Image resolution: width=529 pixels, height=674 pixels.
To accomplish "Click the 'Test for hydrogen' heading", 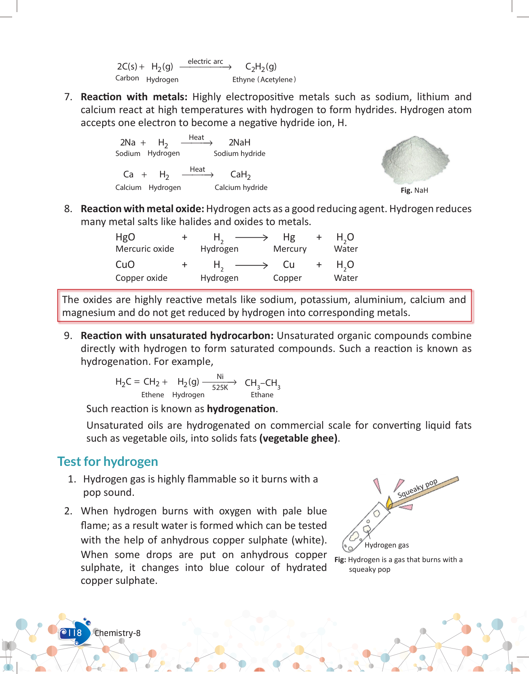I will (x=108, y=461).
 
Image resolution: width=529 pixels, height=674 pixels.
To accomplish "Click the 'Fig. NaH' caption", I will (x=414, y=190).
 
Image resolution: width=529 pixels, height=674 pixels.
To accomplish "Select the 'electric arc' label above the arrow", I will (x=205, y=61).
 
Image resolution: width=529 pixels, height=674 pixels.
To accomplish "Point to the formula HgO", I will (x=125, y=237).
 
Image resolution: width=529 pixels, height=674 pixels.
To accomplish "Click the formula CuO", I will (x=125, y=265).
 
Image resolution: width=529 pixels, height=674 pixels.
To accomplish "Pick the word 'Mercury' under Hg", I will (x=290, y=249).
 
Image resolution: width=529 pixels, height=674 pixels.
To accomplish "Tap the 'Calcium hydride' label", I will (x=241, y=187).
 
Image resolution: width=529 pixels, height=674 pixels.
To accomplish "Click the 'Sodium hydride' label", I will (x=239, y=154).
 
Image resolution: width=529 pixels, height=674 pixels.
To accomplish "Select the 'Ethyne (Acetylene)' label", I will (x=264, y=80).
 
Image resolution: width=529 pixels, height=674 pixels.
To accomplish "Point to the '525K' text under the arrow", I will (x=220, y=388).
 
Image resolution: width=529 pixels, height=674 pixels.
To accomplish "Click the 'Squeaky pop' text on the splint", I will (x=417, y=489).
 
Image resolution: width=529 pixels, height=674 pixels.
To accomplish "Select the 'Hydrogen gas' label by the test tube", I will (x=387, y=545).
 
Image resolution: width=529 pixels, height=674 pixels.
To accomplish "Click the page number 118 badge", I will (x=73, y=633).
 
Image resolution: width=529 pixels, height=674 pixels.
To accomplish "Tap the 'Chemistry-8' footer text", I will (x=117, y=633).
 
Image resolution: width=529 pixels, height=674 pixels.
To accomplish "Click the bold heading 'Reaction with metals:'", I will (x=134, y=97).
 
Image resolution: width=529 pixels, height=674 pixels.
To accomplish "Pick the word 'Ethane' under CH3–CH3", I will (x=262, y=395).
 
